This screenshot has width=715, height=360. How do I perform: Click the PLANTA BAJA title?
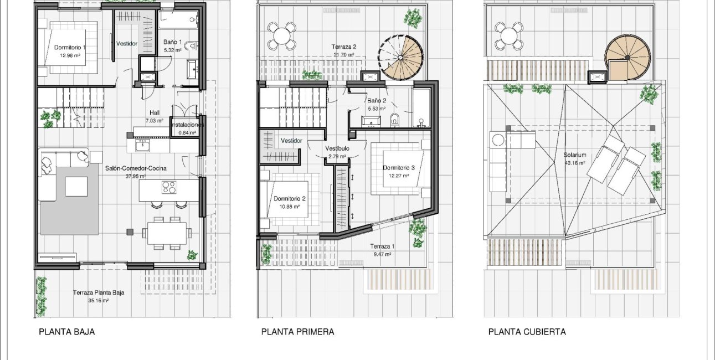click(66, 332)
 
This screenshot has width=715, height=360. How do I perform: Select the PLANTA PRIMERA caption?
click(297, 332)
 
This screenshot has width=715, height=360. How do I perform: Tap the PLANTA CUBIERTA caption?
click(527, 332)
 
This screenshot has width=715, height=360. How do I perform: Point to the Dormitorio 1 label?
click(70, 48)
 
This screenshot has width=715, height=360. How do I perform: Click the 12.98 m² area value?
click(70, 55)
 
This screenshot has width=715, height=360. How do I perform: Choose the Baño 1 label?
click(172, 42)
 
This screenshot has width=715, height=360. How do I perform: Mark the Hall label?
click(155, 112)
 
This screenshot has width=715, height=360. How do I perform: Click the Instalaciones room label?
click(188, 125)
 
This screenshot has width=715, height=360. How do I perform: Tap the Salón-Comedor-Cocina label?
click(136, 168)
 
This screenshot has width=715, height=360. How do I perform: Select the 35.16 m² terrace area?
click(99, 300)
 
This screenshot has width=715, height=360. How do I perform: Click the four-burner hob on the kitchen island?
click(169, 187)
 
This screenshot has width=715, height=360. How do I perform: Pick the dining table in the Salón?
click(167, 233)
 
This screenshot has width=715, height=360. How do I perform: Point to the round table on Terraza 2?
click(281, 36)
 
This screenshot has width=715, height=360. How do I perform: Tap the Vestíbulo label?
click(337, 148)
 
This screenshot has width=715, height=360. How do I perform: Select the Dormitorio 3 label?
click(399, 168)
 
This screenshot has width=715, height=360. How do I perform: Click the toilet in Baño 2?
click(395, 120)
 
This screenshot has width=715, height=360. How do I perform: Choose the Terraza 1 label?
click(382, 246)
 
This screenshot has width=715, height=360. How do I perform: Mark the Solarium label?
click(574, 155)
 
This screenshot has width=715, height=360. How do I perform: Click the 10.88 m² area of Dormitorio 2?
click(290, 207)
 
